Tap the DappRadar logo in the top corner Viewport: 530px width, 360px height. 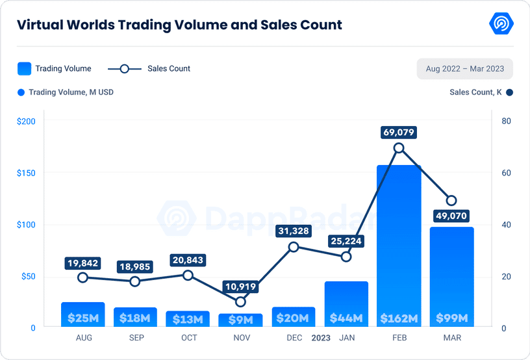tap(501, 24)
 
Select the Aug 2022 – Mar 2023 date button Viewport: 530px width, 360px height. tap(464, 68)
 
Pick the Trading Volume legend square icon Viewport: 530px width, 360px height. tap(24, 68)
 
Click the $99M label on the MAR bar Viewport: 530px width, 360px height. tap(451, 318)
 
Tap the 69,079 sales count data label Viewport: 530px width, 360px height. tap(399, 133)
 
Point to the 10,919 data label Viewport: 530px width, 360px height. tap(240, 286)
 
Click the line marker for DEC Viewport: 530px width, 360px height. tap(294, 247)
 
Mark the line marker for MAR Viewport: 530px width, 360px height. tap(451, 201)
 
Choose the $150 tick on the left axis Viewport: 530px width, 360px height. tap(25, 173)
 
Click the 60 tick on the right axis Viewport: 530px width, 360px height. tap(506, 173)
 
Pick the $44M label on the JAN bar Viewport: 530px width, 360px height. tap(346, 318)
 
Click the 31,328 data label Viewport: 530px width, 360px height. tap(294, 231)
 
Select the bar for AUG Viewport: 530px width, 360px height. tap(82, 315)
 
